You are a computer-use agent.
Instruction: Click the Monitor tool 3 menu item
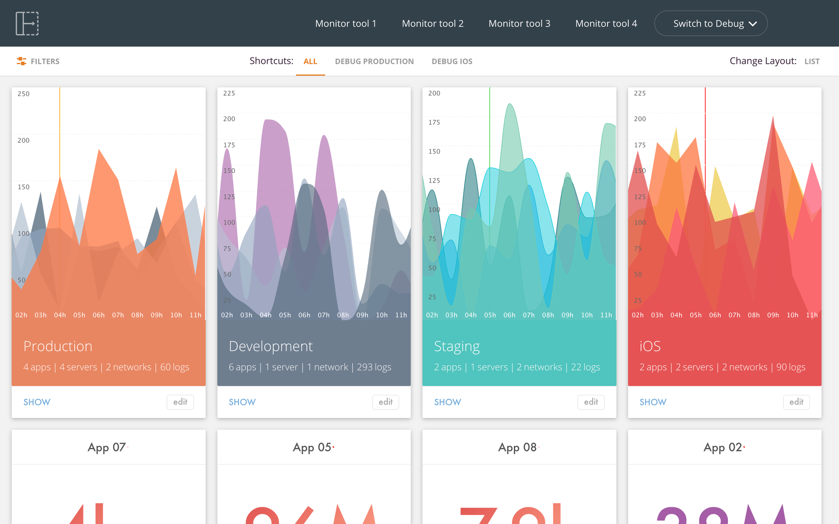pyautogui.click(x=519, y=24)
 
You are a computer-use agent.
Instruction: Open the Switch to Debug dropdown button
pyautogui.click(x=711, y=24)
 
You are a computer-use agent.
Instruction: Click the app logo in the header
pyautogui.click(x=27, y=24)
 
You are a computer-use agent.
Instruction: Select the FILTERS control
pyautogui.click(x=38, y=62)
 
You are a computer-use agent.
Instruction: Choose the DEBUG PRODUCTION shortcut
pyautogui.click(x=374, y=62)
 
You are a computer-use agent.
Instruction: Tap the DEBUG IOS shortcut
pyautogui.click(x=452, y=62)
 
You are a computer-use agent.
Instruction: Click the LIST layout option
pyautogui.click(x=811, y=62)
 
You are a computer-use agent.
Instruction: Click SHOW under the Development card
pyautogui.click(x=242, y=402)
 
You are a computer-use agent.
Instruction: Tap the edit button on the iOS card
pyautogui.click(x=796, y=402)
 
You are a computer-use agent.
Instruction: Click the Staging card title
pyautogui.click(x=457, y=346)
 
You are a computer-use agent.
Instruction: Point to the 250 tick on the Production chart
pyautogui.click(x=24, y=94)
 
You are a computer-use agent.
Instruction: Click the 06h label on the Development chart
pyautogui.click(x=304, y=315)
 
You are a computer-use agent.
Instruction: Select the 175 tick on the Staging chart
pyautogui.click(x=434, y=123)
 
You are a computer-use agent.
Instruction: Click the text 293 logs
pyautogui.click(x=374, y=367)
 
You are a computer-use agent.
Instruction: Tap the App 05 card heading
pyautogui.click(x=312, y=448)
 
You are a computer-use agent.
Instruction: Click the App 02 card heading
pyautogui.click(x=723, y=448)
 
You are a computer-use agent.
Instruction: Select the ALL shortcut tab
pyautogui.click(x=310, y=62)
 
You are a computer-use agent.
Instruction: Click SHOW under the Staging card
pyautogui.click(x=447, y=402)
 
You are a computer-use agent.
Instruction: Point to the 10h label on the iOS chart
pyautogui.click(x=792, y=315)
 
